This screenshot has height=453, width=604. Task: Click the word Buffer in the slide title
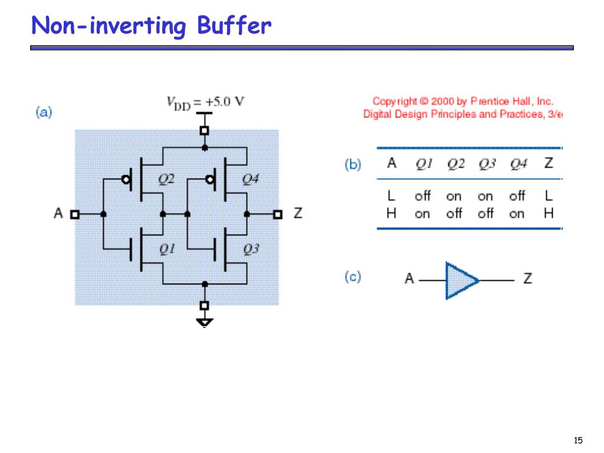tap(234, 26)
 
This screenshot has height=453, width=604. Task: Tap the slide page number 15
tap(577, 440)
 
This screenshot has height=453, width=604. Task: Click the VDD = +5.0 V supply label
tap(205, 101)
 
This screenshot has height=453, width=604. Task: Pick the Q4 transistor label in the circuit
tap(251, 179)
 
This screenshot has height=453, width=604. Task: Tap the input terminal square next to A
tap(74, 214)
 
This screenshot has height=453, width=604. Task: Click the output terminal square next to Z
tap(277, 214)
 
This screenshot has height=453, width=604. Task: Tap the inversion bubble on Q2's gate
tap(126, 179)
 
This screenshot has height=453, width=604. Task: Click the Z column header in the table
tap(549, 163)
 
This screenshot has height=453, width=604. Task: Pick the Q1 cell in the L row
tap(422, 196)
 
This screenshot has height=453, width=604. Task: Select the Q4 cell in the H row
tap(517, 214)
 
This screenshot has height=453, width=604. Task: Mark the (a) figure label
tap(44, 112)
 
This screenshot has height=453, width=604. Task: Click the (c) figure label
tap(353, 277)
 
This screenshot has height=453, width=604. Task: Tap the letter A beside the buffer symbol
tap(409, 278)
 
